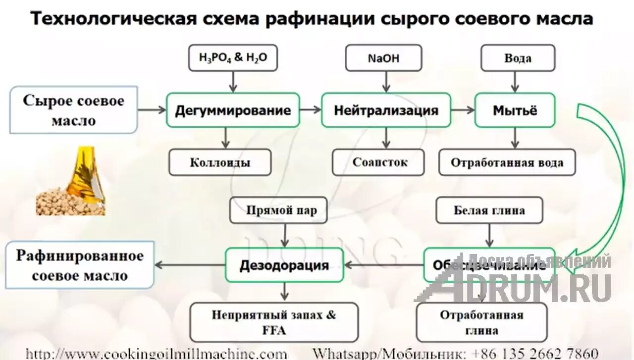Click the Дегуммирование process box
point(232,110)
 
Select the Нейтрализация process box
point(386,110)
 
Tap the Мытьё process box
point(515,110)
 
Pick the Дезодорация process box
point(284,265)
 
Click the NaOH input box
point(383,58)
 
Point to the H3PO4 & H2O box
point(233,58)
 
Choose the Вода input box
point(518,58)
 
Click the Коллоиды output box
point(220,162)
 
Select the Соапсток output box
point(378,162)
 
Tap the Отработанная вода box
point(507,162)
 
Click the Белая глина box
point(489,210)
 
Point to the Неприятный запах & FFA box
point(274,322)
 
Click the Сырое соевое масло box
point(73,110)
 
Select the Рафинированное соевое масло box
point(80,265)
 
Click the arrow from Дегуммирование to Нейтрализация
point(311,110)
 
